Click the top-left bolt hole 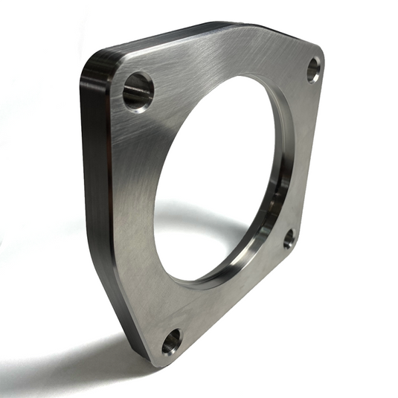[138, 90]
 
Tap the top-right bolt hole [314, 70]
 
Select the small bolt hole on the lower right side [289, 238]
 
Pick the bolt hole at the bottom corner [172, 341]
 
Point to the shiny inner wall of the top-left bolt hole [135, 93]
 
